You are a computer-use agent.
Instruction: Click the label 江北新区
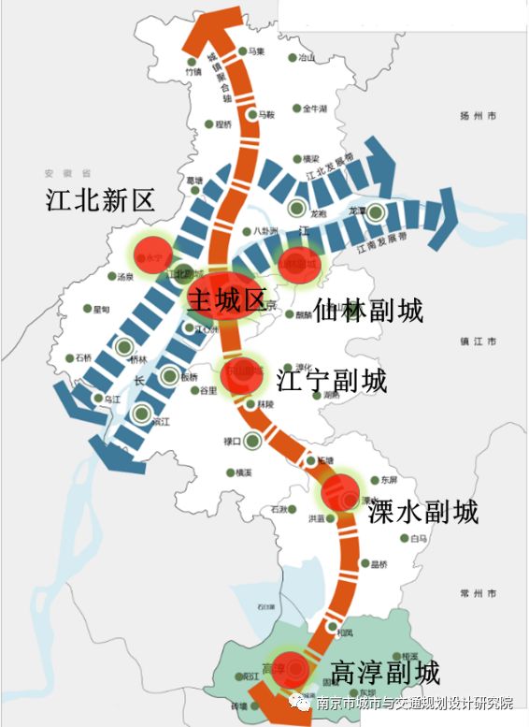click(x=101, y=199)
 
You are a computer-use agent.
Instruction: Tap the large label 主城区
click(x=226, y=300)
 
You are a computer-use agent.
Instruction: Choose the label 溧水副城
click(x=423, y=512)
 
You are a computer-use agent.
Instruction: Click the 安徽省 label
click(x=72, y=173)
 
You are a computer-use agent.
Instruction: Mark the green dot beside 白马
click(x=404, y=539)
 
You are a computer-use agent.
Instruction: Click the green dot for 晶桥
click(x=364, y=564)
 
